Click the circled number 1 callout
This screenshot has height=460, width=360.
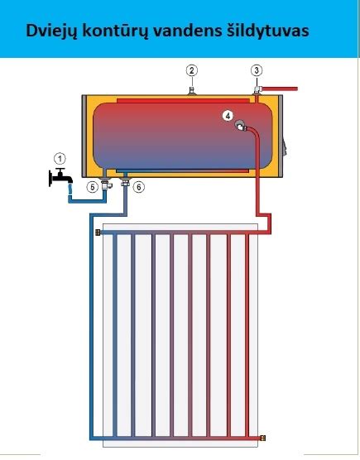tap(60, 159)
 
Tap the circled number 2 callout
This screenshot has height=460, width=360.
tap(192, 70)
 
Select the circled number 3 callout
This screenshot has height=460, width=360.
tap(257, 70)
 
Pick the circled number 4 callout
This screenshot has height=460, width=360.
tap(228, 116)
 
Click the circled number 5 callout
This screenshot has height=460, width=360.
tap(93, 187)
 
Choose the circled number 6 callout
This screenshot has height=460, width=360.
tap(139, 187)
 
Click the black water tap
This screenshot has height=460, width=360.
tap(60, 178)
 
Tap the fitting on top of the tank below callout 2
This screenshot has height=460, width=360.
tap(192, 91)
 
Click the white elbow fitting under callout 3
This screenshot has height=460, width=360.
tap(257, 90)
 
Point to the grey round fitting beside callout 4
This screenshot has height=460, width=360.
tap(241, 126)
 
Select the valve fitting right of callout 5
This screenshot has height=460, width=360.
tap(106, 184)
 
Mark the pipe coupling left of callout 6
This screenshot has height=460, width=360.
tap(126, 183)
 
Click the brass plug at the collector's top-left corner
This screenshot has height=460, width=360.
tap(98, 232)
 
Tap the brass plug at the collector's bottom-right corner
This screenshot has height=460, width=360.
tap(263, 438)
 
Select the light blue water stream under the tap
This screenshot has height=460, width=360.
tap(70, 189)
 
